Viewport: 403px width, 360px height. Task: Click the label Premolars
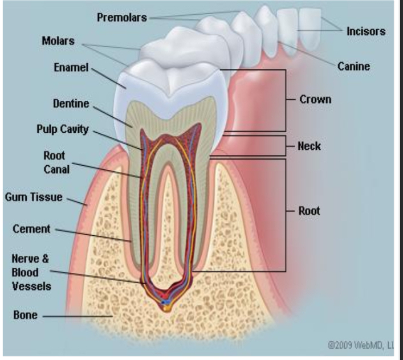[121, 18]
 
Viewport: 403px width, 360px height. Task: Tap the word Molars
[58, 40]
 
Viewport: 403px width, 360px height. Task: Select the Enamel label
[71, 67]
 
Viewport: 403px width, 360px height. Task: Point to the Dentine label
[71, 104]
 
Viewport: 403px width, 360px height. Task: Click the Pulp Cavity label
[63, 129]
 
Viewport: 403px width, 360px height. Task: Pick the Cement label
[31, 229]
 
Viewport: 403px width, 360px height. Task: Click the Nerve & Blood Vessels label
[31, 272]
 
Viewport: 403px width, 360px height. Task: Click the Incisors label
[366, 31]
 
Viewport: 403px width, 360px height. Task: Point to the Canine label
[353, 67]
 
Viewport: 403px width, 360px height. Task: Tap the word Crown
[315, 99]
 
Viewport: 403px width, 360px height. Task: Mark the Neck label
[310, 146]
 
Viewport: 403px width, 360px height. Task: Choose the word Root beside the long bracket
[309, 211]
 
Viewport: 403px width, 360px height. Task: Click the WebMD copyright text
[360, 345]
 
